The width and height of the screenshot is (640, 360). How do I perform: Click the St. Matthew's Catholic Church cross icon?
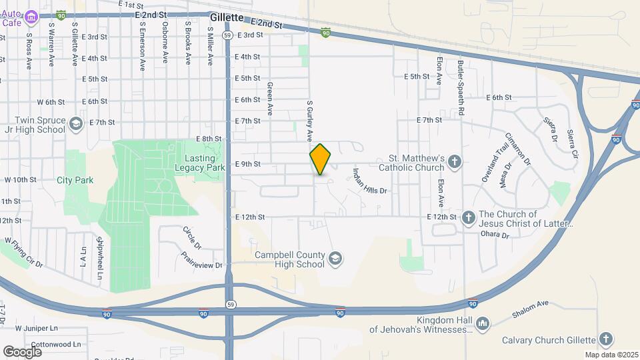coord(455,161)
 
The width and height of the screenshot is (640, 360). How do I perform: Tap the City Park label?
coord(75,180)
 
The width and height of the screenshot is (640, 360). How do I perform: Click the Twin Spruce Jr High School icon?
coord(76,125)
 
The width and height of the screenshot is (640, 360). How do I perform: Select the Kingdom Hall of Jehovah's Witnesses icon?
coord(484,325)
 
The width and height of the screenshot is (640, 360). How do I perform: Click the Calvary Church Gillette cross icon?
coord(606,339)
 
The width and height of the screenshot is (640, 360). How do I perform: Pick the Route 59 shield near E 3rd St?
coord(228,35)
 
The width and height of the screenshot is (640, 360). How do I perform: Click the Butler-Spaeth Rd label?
coord(461,87)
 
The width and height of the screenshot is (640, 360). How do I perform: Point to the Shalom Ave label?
coord(531,309)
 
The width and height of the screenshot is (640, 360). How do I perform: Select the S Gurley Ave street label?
coord(309,121)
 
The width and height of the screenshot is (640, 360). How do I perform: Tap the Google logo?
coord(23,351)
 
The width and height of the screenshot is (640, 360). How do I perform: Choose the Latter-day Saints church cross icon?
coord(468,217)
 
